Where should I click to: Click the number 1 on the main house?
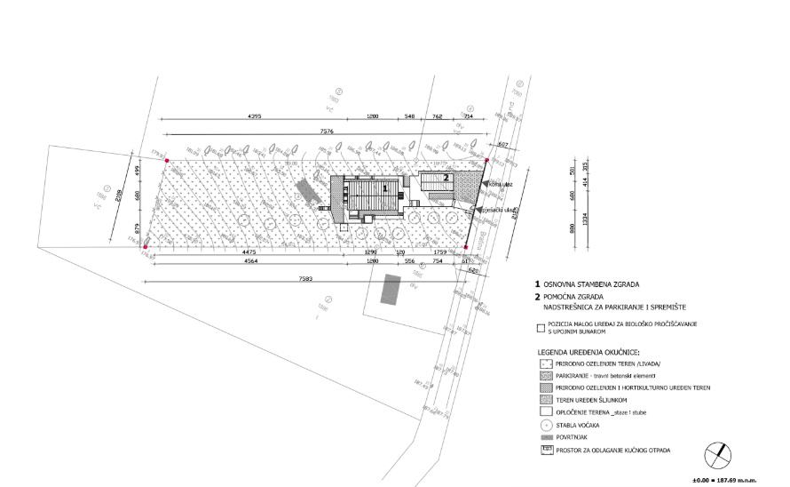coord(384,188)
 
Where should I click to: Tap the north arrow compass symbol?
coord(717,457)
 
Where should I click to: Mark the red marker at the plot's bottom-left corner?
coord(145,247)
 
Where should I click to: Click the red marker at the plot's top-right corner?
coord(487,161)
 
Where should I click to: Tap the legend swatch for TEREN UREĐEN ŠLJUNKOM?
coord(541,401)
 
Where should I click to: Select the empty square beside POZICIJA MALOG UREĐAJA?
coord(540,326)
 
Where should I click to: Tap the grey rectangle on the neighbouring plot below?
coord(386,291)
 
